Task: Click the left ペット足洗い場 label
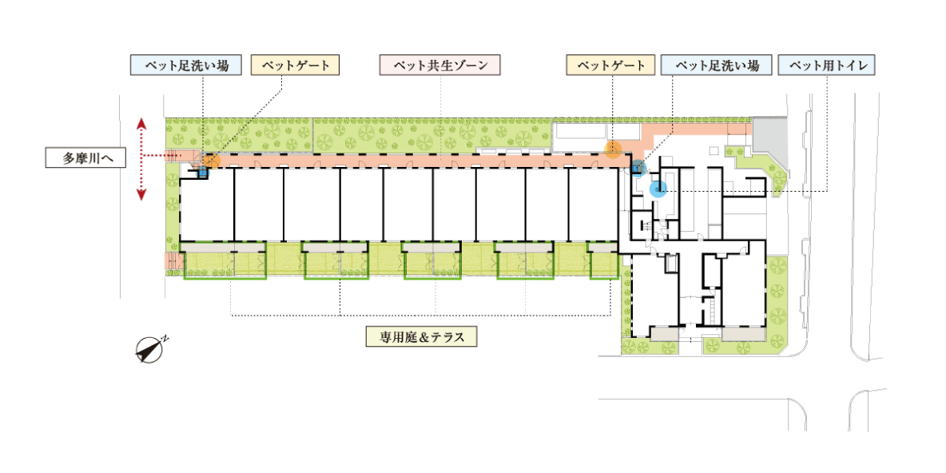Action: tap(185, 66)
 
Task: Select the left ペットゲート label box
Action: tap(296, 66)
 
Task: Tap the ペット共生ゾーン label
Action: tap(440, 66)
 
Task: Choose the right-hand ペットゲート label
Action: tap(610, 66)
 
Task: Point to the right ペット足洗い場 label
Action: tap(717, 66)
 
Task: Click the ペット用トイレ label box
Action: tap(826, 66)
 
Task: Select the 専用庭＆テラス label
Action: tap(420, 337)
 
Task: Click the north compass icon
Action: tap(149, 350)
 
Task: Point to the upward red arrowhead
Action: tap(141, 124)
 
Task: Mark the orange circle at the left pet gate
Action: tap(211, 161)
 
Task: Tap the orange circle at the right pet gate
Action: tap(613, 149)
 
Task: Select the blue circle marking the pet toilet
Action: tap(658, 189)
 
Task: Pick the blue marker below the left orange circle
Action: tap(202, 171)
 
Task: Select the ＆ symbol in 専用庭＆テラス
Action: tap(421, 337)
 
